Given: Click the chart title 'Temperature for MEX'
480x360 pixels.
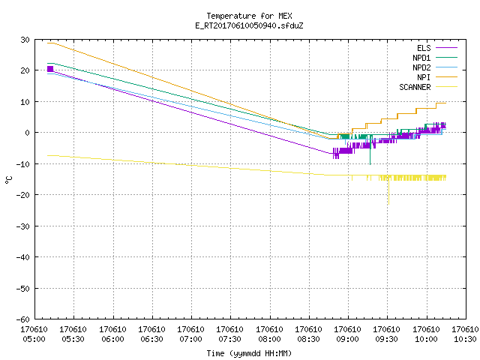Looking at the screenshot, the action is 249,16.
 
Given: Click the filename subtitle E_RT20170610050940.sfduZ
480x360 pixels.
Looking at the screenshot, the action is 249,25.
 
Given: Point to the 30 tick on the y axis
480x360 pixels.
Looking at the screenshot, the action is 25,40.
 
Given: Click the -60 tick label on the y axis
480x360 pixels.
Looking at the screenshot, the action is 23,319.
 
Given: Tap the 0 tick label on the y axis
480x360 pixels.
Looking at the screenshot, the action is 28,133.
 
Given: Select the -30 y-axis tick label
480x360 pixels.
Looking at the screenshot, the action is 23,226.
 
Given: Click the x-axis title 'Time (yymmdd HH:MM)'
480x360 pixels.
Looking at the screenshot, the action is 249,353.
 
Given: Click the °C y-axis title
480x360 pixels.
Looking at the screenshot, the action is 9,180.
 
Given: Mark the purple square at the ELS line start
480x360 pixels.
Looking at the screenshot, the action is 50,69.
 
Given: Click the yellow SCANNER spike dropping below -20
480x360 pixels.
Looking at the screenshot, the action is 388,192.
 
